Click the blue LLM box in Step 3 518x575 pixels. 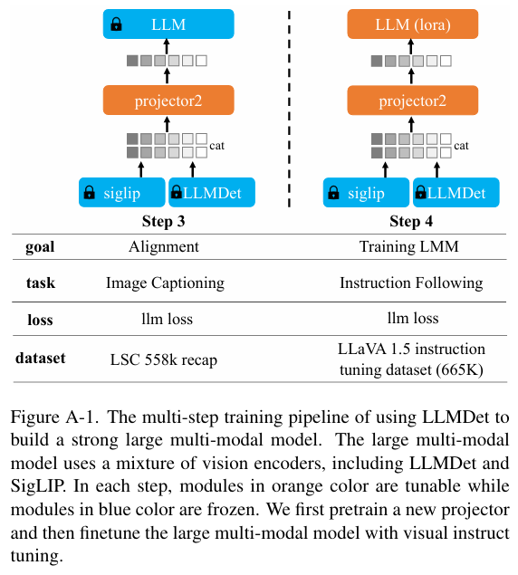pos(168,24)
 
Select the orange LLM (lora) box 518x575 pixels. pos(413,24)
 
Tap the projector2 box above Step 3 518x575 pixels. pos(168,101)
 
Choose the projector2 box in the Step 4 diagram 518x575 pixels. pos(413,101)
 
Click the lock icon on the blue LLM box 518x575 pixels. pos(116,24)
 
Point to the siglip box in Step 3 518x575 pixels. pos(121,193)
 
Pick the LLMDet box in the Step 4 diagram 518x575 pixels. pos(456,193)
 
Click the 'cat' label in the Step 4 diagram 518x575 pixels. pos(461,146)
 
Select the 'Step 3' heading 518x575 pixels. pos(163,221)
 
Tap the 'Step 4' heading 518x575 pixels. pos(411,221)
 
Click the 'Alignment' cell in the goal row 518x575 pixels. pos(164,246)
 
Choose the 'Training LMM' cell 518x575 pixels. pos(409,246)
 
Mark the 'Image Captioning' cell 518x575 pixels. pos(165,283)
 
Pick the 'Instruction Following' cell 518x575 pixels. pos(411,283)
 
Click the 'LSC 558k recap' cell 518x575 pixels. pos(164,359)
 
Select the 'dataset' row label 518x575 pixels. pos(41,358)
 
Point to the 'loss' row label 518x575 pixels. pos(40,320)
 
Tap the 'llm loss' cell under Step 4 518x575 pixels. pos(413,318)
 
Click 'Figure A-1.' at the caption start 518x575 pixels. pos(54,417)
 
